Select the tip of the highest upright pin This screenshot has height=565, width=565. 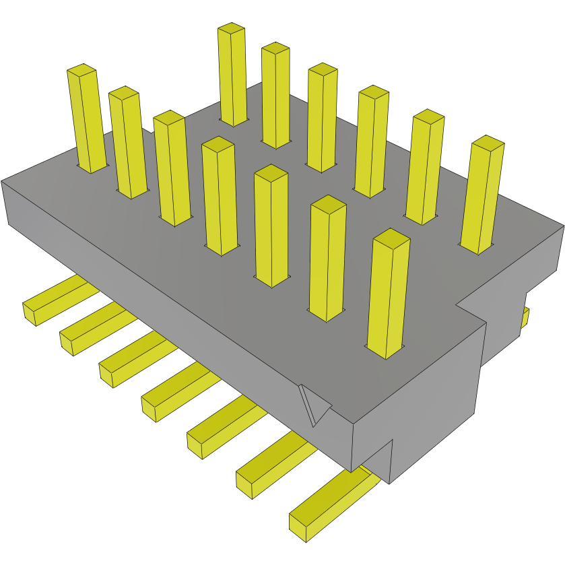[x=231, y=28]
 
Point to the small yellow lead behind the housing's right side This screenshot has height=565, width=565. [x=525, y=317]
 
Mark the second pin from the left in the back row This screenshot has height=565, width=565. [x=276, y=94]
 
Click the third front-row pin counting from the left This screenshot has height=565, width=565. [x=171, y=168]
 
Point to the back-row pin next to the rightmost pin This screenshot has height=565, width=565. [x=426, y=165]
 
